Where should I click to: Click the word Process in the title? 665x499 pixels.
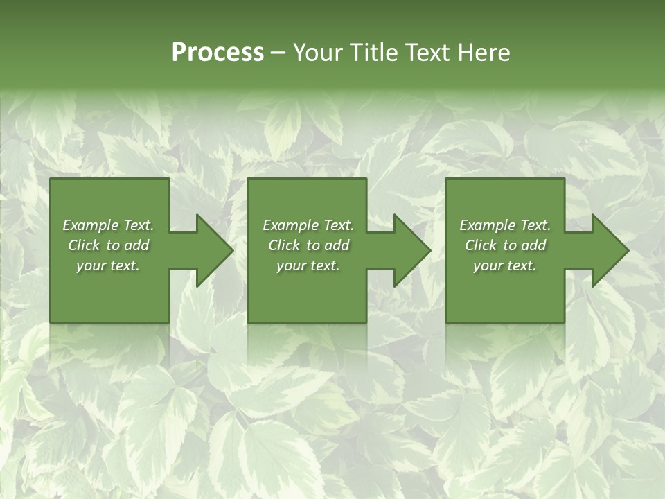pyautogui.click(x=218, y=53)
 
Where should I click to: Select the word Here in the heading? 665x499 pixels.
pyautogui.click(x=484, y=53)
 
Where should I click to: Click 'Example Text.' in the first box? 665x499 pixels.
pyautogui.click(x=108, y=225)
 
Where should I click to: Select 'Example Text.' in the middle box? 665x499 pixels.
pyautogui.click(x=308, y=225)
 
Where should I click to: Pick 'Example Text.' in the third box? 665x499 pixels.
pyautogui.click(x=505, y=225)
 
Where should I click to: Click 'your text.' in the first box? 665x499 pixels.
pyautogui.click(x=108, y=265)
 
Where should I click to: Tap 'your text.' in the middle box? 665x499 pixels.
pyautogui.click(x=308, y=265)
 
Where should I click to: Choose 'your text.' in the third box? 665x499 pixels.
pyautogui.click(x=505, y=265)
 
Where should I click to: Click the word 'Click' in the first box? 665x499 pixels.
pyautogui.click(x=85, y=245)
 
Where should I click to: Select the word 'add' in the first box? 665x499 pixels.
pyautogui.click(x=136, y=245)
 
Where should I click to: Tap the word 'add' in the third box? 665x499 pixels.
pyautogui.click(x=533, y=245)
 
